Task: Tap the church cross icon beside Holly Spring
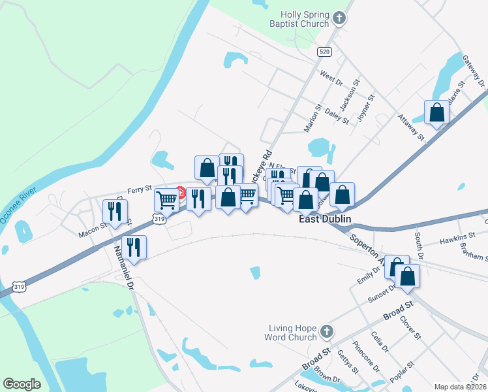point(339,18)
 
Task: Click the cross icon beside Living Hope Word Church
point(327,333)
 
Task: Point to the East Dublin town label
point(325,219)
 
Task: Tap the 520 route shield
point(324,51)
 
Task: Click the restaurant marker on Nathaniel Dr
point(134,246)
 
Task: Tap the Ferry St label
point(139,189)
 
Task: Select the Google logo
point(22,384)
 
